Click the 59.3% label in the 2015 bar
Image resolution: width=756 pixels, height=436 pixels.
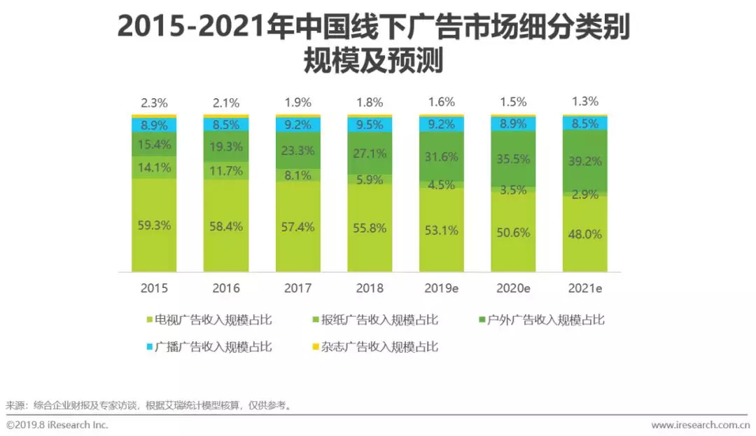pyautogui.click(x=154, y=226)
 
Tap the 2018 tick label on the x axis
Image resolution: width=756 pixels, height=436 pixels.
pyautogui.click(x=370, y=288)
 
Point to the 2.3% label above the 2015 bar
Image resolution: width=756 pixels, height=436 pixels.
pyautogui.click(x=154, y=102)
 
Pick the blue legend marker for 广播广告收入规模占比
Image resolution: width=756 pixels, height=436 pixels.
pyautogui.click(x=148, y=346)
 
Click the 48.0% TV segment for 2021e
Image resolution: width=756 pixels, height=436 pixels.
pyautogui.click(x=584, y=234)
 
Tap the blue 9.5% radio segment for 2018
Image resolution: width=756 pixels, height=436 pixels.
pyautogui.click(x=370, y=125)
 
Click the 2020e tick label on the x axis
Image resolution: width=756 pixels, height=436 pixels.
pyautogui.click(x=512, y=288)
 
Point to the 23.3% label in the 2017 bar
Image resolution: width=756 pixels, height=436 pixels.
pyautogui.click(x=297, y=149)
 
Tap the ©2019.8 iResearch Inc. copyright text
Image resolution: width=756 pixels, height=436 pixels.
pyautogui.click(x=57, y=425)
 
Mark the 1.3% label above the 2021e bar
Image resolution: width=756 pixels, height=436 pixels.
pyautogui.click(x=584, y=101)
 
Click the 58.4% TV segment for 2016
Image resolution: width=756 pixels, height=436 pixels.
pyautogui.click(x=226, y=227)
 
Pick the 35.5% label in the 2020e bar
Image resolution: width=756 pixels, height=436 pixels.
pyautogui.click(x=512, y=159)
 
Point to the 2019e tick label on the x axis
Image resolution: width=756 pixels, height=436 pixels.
pyautogui.click(x=441, y=288)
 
